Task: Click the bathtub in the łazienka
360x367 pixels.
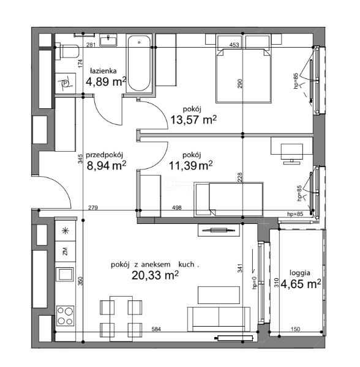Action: click(x=139, y=64)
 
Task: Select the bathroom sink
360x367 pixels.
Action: click(x=108, y=40)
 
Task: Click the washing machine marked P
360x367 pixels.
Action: click(x=66, y=83)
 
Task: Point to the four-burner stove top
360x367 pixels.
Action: click(x=66, y=316)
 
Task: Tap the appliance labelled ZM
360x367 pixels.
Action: click(x=66, y=251)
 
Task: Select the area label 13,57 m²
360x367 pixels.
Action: click(x=193, y=120)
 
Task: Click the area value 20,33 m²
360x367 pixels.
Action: click(x=155, y=275)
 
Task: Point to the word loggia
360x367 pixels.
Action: click(x=300, y=273)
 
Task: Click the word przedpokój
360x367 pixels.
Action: click(x=105, y=155)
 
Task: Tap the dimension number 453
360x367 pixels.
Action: click(x=234, y=45)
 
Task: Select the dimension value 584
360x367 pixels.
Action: click(x=156, y=329)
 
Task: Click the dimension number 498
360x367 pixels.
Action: click(x=176, y=207)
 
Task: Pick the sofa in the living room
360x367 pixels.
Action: click(x=219, y=319)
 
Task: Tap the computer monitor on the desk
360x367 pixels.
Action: click(x=292, y=154)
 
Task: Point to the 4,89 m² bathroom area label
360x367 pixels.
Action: click(x=106, y=82)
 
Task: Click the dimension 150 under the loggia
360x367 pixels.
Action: click(x=295, y=329)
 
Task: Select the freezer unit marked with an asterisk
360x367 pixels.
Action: click(x=66, y=231)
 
